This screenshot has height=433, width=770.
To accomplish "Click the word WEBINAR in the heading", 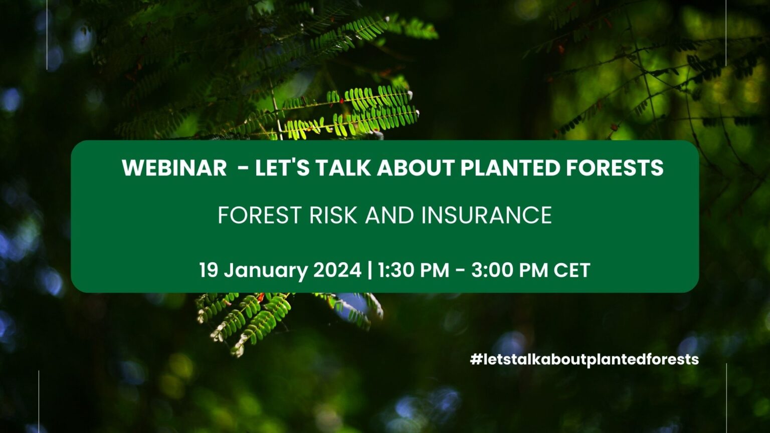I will click(174, 168).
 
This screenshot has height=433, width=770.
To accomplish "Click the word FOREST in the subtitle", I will click(259, 215).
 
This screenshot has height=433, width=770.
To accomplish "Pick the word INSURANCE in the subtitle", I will click(486, 215).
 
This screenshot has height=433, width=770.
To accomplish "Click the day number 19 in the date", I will click(209, 270).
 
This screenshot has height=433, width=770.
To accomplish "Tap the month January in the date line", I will click(266, 271).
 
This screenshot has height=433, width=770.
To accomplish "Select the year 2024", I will click(337, 270).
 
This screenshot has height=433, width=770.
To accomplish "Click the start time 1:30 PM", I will click(414, 270).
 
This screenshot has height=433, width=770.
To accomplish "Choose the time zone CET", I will click(571, 270).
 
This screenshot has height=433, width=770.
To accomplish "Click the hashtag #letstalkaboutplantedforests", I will click(584, 359).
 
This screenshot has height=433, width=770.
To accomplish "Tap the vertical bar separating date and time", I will click(370, 270).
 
